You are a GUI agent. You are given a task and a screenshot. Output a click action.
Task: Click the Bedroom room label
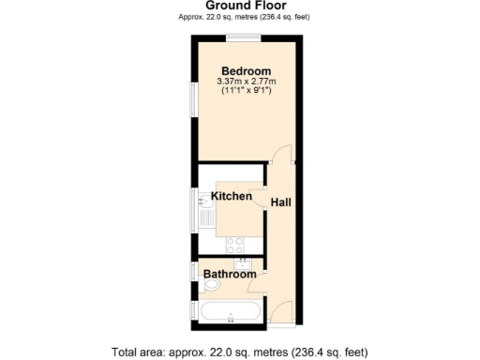(247, 71)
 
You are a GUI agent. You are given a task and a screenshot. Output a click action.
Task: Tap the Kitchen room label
(231, 196)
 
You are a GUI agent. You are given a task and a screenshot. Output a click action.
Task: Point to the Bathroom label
(230, 275)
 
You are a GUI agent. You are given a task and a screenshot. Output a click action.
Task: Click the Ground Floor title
(239, 6)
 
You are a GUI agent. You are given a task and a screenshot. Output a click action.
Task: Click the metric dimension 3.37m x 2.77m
(247, 82)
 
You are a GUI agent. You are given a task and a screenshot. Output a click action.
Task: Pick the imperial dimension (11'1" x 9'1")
(247, 92)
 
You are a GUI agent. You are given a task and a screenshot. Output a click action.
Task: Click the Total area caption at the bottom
(239, 352)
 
